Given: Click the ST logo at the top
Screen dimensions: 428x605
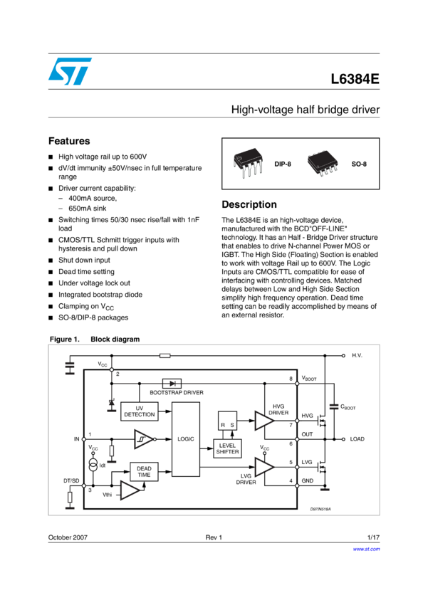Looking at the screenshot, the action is (70, 71).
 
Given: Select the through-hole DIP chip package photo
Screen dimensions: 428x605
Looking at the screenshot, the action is (249, 162).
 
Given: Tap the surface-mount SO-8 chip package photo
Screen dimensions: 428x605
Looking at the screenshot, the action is (323, 163).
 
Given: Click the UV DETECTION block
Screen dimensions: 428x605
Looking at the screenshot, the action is (139, 411).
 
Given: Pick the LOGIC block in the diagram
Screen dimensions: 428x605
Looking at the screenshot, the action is (185, 439).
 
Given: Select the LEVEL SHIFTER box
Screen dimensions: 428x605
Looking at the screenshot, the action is (228, 448).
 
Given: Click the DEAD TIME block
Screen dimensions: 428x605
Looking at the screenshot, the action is (144, 471).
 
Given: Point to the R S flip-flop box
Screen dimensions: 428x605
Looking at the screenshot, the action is (227, 421).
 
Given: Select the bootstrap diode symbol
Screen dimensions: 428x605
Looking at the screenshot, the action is (172, 383).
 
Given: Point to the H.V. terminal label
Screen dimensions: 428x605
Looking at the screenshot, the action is (357, 355).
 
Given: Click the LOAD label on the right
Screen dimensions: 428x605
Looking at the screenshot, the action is (357, 439).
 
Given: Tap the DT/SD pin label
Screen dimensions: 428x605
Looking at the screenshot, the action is (71, 480).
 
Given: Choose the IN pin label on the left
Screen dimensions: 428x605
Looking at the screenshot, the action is (77, 439).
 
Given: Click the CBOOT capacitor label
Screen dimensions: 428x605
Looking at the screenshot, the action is (348, 407).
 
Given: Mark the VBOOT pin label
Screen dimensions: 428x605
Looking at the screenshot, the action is (309, 379).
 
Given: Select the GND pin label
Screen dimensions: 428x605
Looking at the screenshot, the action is (307, 481).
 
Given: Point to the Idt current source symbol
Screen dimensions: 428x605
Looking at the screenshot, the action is (93, 464).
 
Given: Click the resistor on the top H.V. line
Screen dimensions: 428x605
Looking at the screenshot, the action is (165, 355).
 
